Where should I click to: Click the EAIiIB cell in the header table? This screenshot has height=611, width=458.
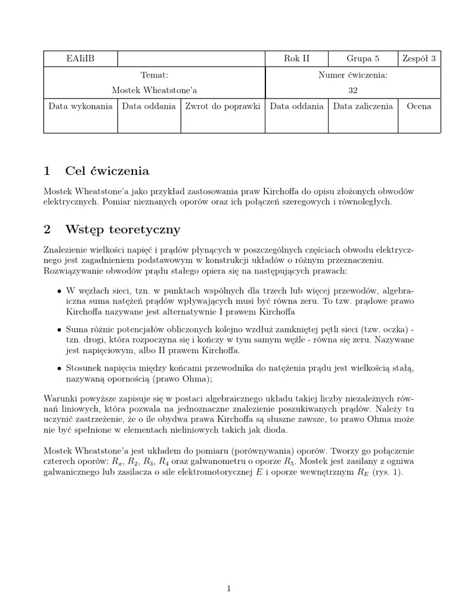click(x=81, y=58)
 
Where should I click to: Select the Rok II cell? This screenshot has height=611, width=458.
click(x=296, y=58)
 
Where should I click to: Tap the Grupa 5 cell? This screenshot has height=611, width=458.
click(x=363, y=58)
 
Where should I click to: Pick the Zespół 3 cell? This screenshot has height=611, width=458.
click(x=419, y=58)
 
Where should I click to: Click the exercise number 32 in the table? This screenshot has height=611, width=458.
click(x=353, y=90)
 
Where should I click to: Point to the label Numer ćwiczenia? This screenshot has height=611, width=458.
click(x=353, y=75)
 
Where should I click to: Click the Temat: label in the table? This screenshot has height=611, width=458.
click(x=154, y=75)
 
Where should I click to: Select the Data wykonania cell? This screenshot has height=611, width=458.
click(x=81, y=106)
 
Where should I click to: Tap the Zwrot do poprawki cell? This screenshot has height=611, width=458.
click(x=222, y=106)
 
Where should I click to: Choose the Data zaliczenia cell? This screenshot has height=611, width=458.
click(x=363, y=106)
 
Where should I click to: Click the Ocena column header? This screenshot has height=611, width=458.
click(x=419, y=106)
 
